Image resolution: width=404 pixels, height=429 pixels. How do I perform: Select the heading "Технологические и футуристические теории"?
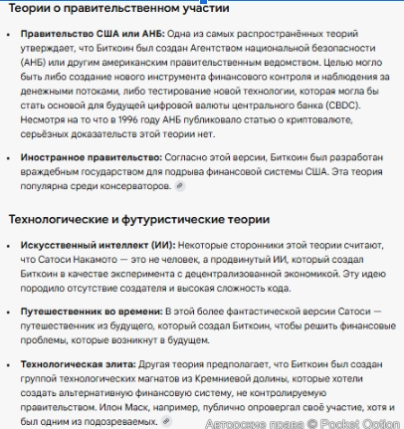point(138,219)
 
